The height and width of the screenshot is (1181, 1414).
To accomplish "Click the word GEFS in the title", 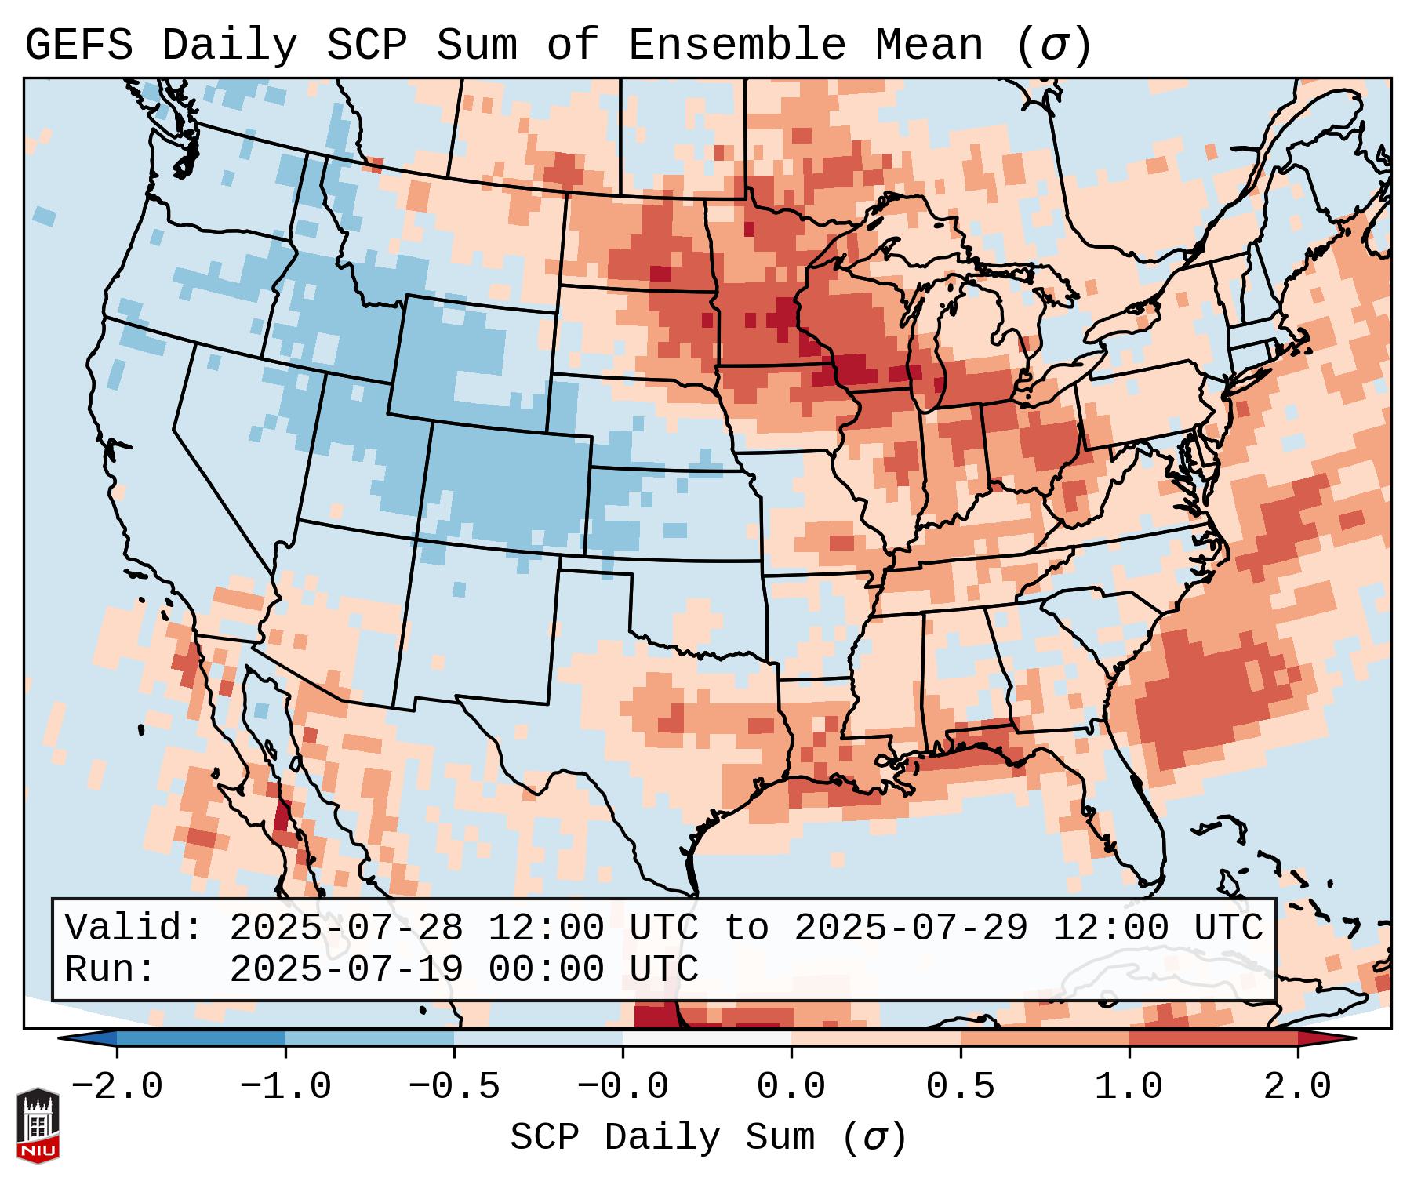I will tap(78, 45).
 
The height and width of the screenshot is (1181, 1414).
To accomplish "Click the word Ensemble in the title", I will tap(737, 45).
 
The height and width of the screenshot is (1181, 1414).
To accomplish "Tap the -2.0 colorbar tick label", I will tap(117, 1087).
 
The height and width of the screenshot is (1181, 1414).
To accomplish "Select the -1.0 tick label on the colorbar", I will tap(285, 1087).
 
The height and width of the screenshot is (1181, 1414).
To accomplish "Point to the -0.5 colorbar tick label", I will tap(454, 1087).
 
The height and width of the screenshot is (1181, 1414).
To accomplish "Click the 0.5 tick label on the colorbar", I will tap(961, 1087).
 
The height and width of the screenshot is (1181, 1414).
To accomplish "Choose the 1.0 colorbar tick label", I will tap(1129, 1087).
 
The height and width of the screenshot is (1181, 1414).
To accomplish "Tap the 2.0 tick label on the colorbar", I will tap(1298, 1087).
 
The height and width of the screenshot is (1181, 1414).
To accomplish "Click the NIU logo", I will tap(38, 1125).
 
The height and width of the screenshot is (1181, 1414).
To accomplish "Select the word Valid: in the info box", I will tap(134, 928).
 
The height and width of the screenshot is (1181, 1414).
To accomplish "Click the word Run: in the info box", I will tap(111, 969).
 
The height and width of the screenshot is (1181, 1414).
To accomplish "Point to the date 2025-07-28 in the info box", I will tap(346, 928).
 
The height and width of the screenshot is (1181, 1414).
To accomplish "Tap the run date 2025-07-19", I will tap(346, 969).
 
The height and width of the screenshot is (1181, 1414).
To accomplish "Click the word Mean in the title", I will tap(929, 45).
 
